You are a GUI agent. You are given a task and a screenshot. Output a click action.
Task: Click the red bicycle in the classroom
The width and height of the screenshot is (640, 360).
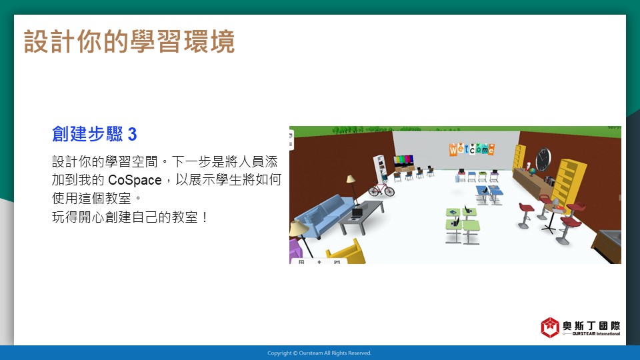(381, 189)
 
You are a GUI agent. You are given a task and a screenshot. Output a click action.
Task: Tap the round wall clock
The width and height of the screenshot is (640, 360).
(543, 159)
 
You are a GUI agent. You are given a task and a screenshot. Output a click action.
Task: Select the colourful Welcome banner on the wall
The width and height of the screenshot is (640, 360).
(472, 149)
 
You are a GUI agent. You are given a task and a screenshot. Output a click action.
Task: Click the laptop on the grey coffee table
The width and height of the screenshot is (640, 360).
(357, 214)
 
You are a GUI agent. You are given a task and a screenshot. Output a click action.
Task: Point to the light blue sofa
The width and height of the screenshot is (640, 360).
(325, 215)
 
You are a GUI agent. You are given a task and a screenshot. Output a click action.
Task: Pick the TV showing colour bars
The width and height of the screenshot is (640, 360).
(403, 161)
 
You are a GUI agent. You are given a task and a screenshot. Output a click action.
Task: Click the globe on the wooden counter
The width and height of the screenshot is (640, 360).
(532, 171)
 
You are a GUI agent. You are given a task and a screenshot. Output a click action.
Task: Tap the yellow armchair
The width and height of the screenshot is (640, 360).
(345, 253)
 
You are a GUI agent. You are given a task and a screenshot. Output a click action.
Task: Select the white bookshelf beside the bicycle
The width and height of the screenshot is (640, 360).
(380, 169)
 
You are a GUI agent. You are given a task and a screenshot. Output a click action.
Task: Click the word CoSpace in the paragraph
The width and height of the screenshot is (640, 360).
(135, 180)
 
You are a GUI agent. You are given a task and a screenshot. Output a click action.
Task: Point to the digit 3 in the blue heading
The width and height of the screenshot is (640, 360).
(132, 134)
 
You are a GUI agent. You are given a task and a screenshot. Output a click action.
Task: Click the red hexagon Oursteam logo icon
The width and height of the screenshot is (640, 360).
(550, 327)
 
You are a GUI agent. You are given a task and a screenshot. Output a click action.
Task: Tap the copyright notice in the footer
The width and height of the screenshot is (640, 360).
(319, 353)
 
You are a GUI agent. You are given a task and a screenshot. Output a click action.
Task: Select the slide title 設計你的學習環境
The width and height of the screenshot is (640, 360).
(129, 41)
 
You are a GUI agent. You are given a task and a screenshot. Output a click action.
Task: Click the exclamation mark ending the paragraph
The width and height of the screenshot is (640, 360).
(205, 217)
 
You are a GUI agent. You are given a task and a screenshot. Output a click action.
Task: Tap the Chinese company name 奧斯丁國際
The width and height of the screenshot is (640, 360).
(591, 326)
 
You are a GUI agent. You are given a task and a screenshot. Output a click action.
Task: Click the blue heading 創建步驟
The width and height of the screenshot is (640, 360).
(88, 134)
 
